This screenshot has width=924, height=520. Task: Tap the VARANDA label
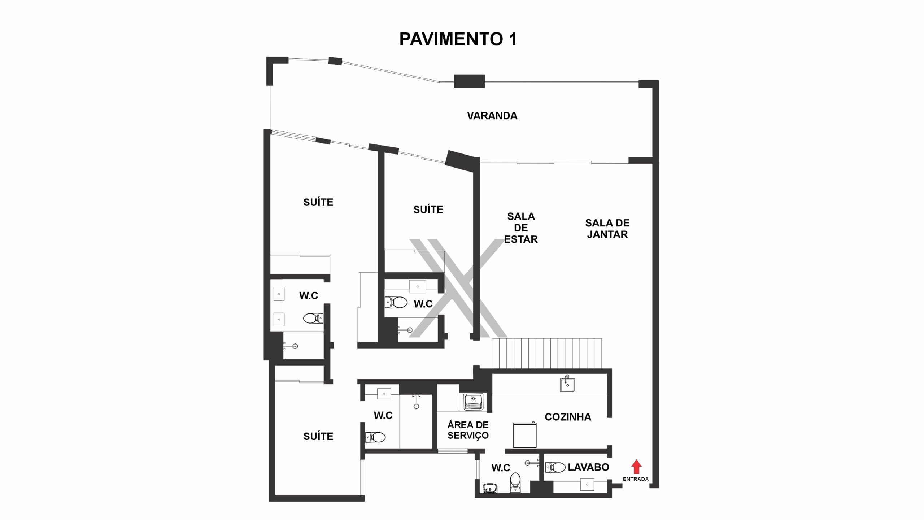[x=492, y=116]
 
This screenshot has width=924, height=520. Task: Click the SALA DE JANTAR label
[x=607, y=229]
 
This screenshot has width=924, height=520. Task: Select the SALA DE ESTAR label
[x=521, y=228]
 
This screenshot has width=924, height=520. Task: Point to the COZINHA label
[x=568, y=417]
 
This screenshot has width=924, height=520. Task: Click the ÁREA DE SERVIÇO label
[x=468, y=430]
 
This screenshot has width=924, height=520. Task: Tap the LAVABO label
[x=588, y=467]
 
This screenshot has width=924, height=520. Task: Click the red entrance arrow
[x=636, y=467]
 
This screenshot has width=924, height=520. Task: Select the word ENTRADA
[x=636, y=479]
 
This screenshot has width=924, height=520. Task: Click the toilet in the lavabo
[x=555, y=468]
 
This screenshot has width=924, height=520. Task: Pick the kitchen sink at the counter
[x=567, y=384]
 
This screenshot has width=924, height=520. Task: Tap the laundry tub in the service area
[x=474, y=402]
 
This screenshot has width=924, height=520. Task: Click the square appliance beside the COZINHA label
[x=525, y=435]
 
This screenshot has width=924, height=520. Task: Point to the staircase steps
[x=547, y=353]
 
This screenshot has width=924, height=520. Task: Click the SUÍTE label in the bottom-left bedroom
[x=318, y=436]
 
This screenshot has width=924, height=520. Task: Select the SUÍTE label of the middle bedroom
[x=428, y=209]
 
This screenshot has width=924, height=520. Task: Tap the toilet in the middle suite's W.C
[x=396, y=302]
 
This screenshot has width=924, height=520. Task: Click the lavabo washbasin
[x=587, y=484]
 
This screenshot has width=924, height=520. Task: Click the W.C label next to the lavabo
[x=501, y=468]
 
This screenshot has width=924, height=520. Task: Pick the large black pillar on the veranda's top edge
[x=469, y=81]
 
